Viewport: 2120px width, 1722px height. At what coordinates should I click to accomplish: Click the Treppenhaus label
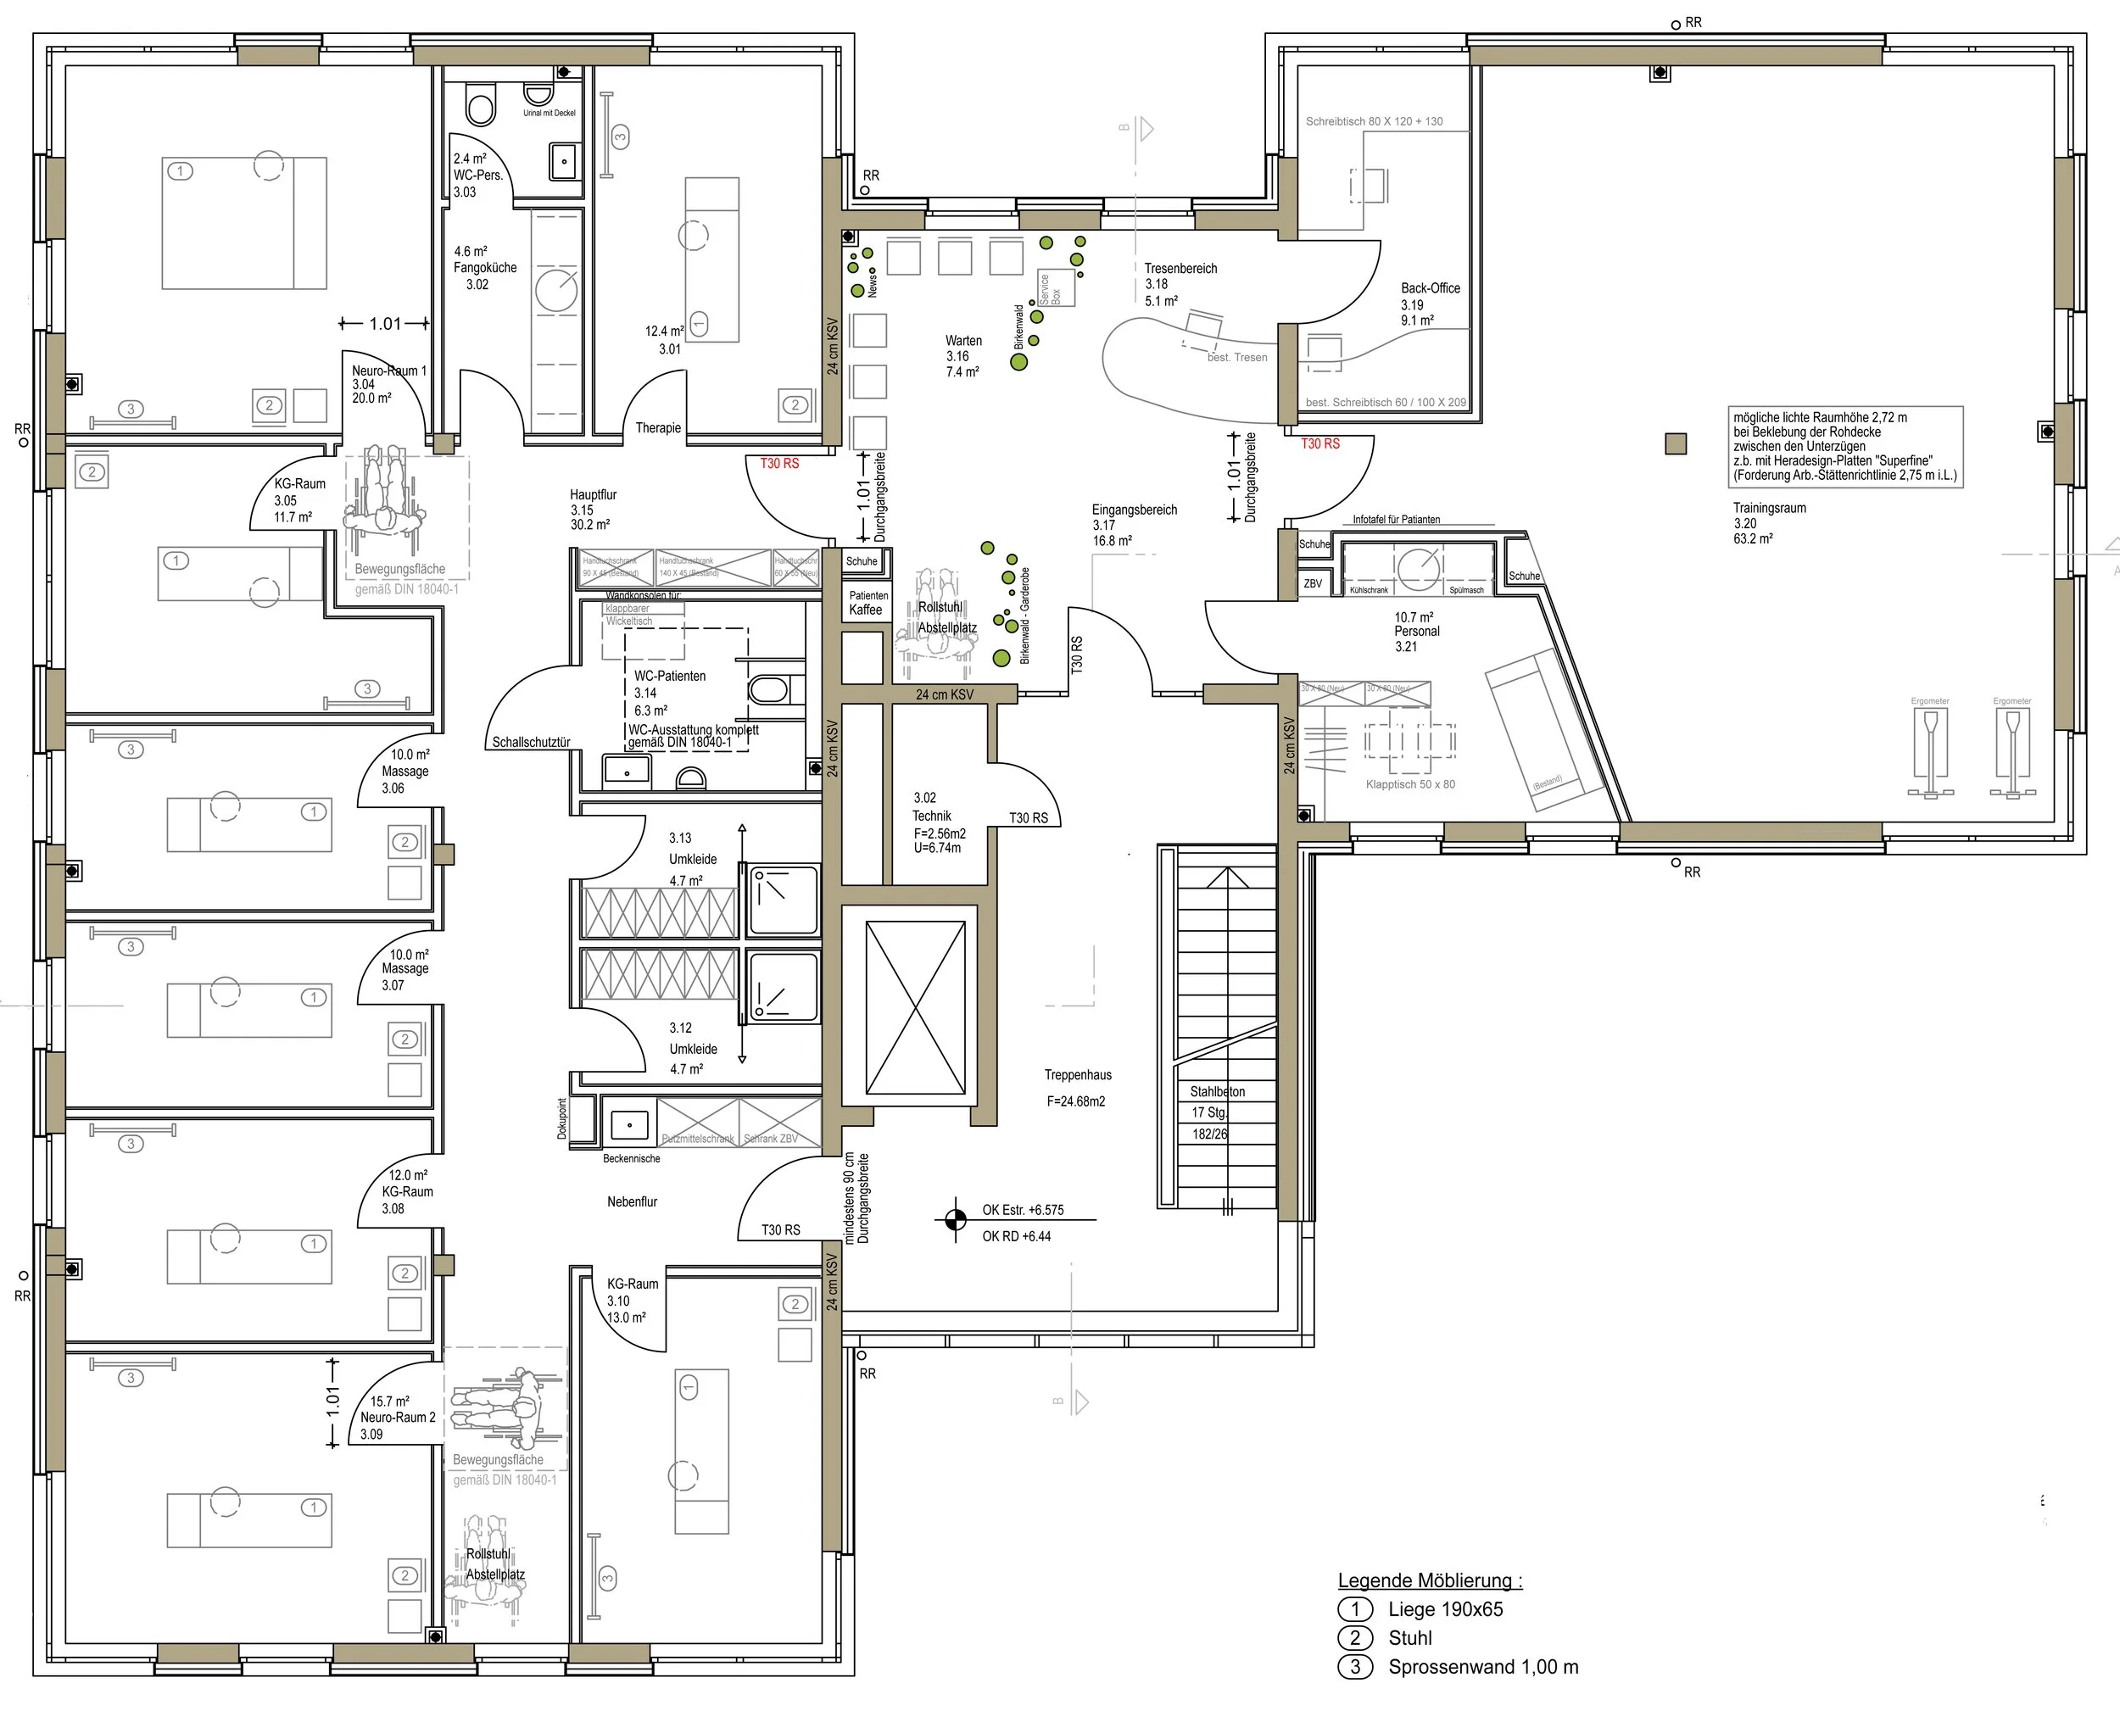point(1077,1075)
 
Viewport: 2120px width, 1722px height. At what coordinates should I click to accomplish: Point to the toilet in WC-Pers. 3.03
point(480,107)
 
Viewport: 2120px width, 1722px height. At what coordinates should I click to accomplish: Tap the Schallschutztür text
point(531,742)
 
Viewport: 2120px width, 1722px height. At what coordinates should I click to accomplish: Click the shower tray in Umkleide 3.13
point(783,900)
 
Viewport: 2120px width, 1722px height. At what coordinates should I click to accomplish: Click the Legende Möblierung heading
point(1430,1581)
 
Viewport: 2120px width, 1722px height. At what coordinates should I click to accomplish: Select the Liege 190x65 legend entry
point(1444,1610)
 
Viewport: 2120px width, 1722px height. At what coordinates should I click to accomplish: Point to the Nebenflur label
point(632,1201)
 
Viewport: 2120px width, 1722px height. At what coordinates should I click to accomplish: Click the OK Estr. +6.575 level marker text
point(1023,1210)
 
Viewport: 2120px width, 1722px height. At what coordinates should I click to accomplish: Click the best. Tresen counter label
point(1236,357)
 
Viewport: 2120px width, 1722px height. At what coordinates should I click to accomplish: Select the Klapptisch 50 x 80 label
point(1409,784)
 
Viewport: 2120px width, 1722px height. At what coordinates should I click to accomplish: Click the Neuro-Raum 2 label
point(397,1418)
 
